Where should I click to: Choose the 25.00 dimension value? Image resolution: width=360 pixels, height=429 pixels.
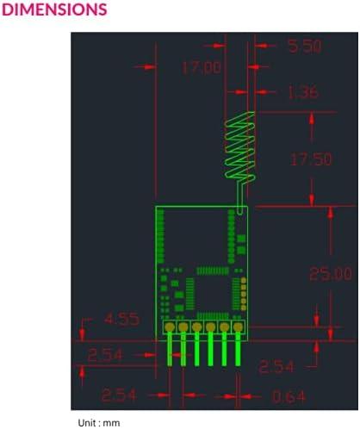tap(330, 274)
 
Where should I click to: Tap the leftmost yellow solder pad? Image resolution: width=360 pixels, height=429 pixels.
tap(170, 327)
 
